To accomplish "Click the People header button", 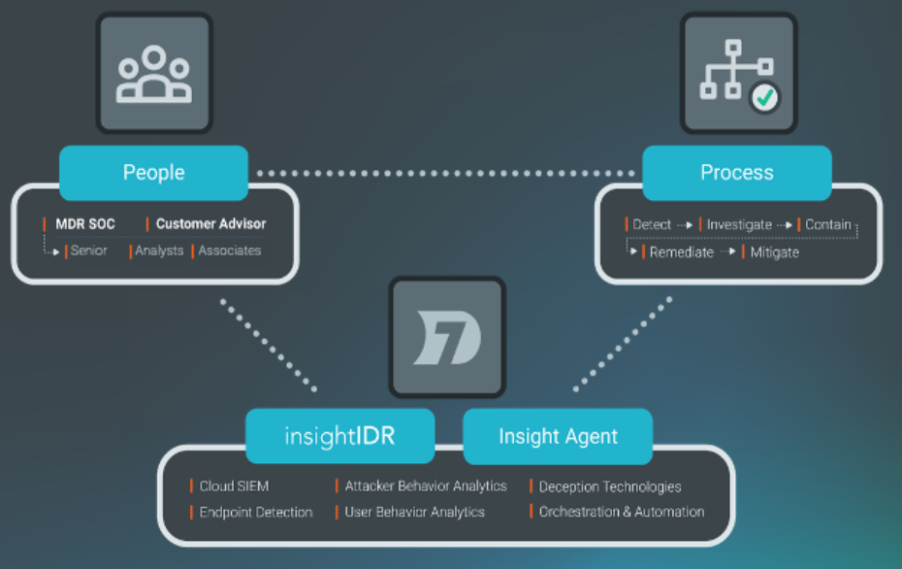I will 153,173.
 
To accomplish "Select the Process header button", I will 737,173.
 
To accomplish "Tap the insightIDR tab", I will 338,436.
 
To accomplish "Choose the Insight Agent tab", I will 558,436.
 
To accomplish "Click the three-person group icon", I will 153,74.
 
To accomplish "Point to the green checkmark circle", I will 766,97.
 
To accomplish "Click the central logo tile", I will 447,336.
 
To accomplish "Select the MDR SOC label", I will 84,224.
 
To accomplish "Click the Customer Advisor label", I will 210,224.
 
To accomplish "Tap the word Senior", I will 88,251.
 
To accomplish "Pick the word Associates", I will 230,251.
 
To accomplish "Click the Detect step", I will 652,224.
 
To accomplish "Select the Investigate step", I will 739,224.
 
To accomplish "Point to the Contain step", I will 827,224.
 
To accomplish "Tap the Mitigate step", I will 774,251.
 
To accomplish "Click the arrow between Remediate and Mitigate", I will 728,251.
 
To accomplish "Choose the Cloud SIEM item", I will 234,485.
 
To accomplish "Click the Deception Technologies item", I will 610,486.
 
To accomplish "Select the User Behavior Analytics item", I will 414,512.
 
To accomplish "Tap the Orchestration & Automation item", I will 622,512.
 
